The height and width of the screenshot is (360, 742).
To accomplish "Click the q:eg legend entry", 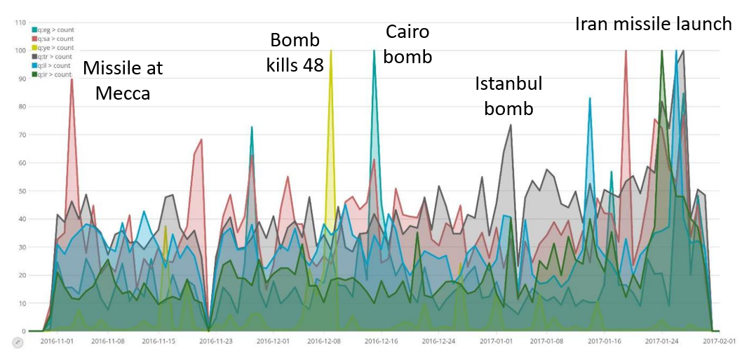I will [x=53, y=30].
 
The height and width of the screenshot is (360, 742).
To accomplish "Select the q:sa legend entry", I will [x=53, y=39].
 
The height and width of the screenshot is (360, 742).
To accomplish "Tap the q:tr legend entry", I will [x=53, y=57].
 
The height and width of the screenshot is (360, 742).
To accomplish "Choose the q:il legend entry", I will [x=53, y=65].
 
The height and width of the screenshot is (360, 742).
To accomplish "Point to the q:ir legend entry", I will [x=53, y=74].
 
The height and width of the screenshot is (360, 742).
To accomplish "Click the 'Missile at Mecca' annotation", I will [x=123, y=80].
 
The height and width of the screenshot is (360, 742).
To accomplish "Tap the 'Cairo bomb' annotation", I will [x=407, y=44].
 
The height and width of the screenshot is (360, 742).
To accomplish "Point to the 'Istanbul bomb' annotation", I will [x=508, y=96].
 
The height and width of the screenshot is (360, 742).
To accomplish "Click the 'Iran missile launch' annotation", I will [x=653, y=24].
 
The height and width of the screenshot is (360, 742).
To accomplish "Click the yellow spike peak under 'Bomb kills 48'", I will [x=331, y=51].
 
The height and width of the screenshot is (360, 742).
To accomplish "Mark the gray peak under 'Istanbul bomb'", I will [x=511, y=125].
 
